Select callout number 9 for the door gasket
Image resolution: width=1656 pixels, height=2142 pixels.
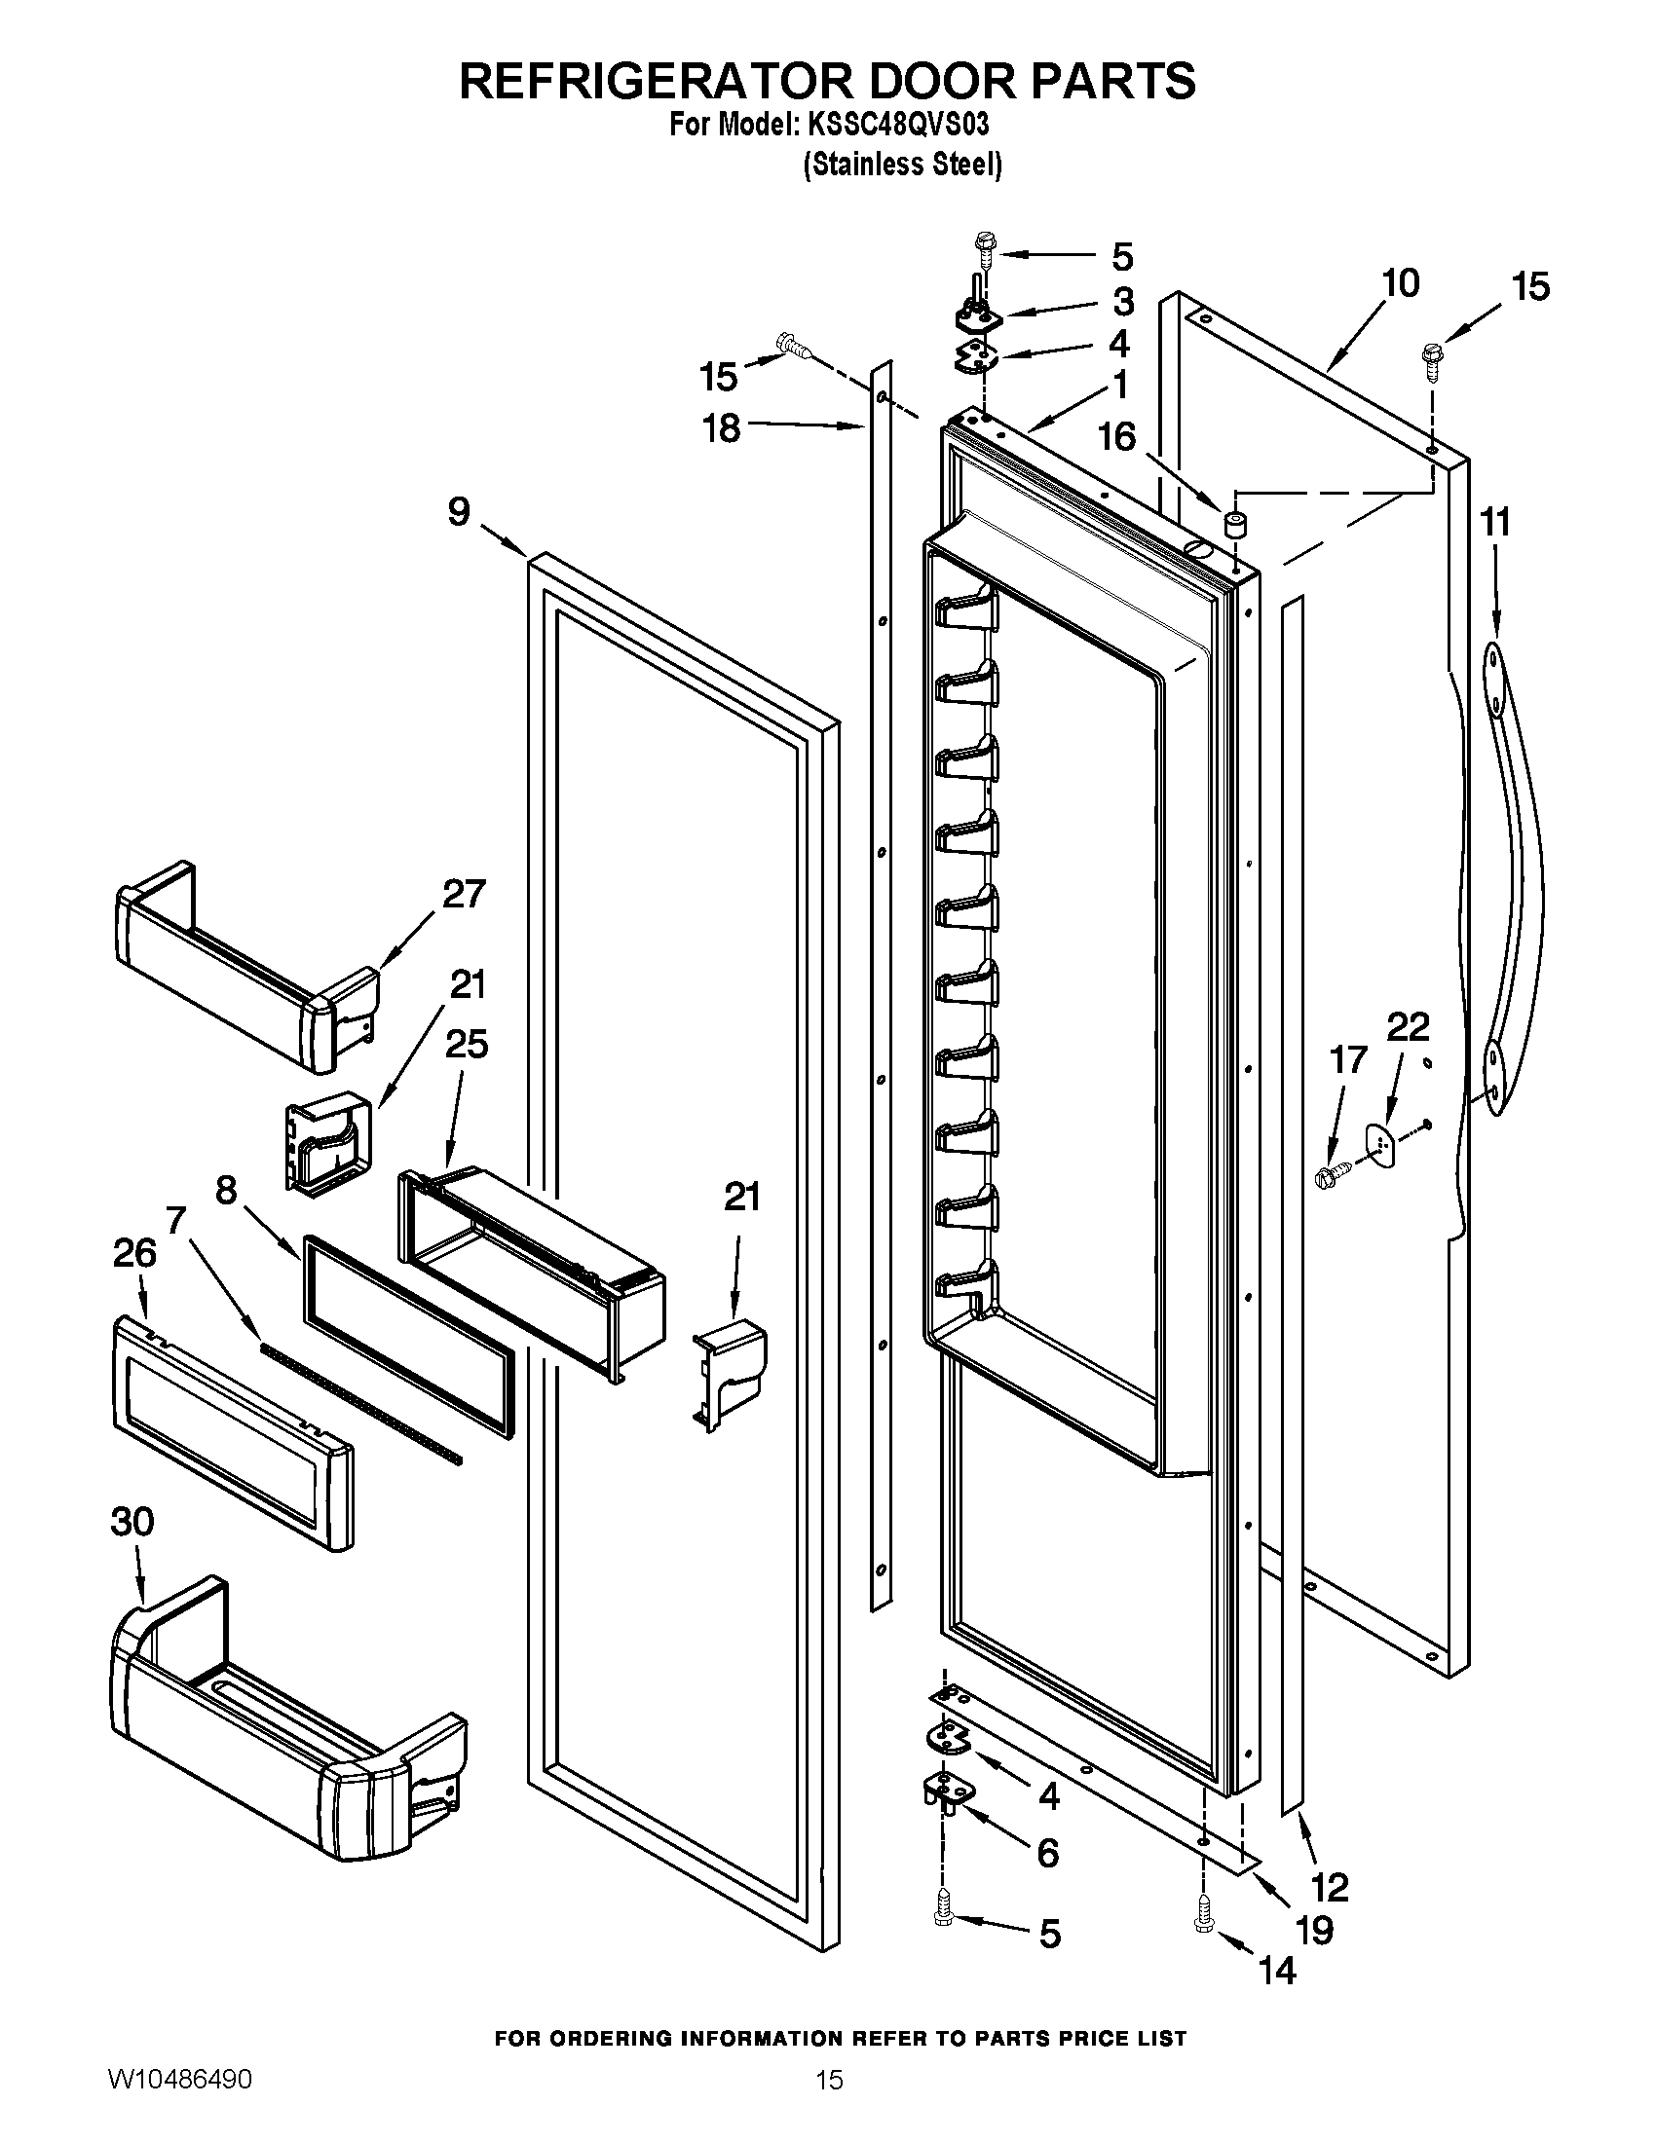[x=459, y=512]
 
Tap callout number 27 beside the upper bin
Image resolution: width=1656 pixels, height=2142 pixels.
[x=463, y=895]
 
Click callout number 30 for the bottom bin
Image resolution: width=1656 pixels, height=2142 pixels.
[x=132, y=1521]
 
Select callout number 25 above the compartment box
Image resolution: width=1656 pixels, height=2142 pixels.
[x=466, y=1045]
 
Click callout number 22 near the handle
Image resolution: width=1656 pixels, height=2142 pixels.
[x=1408, y=1027]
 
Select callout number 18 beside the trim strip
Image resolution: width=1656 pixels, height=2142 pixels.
[x=721, y=427]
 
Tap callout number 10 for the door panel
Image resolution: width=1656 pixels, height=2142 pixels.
[x=1400, y=283]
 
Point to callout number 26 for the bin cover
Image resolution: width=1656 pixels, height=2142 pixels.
[x=134, y=1252]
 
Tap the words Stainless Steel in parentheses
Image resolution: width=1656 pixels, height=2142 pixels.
[x=903, y=165]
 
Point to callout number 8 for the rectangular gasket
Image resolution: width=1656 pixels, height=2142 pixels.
[x=227, y=1191]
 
